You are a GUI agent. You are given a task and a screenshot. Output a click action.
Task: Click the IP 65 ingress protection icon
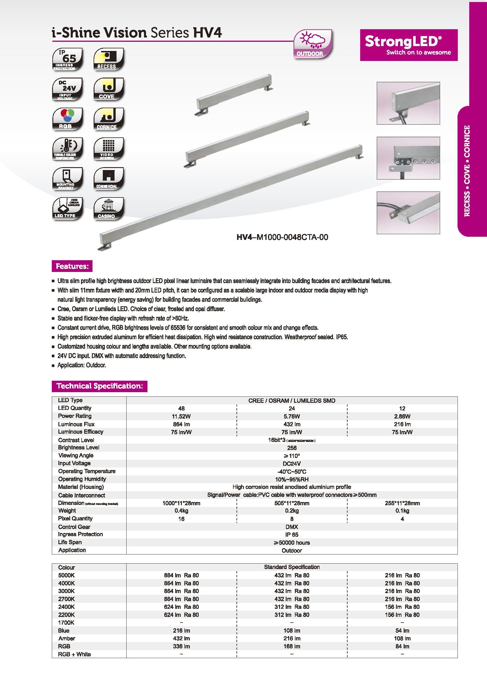[x=68, y=59]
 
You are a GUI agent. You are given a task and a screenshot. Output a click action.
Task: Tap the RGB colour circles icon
[x=68, y=119]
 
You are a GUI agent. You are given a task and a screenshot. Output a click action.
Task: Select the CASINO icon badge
[x=108, y=208]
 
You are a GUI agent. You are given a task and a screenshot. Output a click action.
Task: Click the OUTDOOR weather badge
[x=312, y=44]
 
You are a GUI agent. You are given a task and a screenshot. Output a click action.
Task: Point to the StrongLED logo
[x=409, y=45]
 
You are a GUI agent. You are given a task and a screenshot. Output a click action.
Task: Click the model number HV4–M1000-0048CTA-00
[x=282, y=237]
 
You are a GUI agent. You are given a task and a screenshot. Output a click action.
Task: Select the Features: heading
[x=72, y=266]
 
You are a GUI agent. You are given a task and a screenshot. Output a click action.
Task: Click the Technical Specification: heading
[x=100, y=386]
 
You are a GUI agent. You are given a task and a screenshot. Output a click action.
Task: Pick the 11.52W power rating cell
[x=181, y=416]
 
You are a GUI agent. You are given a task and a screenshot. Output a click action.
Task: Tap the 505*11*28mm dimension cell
[x=291, y=503]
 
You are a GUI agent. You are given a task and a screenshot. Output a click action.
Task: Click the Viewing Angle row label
[x=76, y=455]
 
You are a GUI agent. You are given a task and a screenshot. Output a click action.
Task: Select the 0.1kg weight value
[x=402, y=511]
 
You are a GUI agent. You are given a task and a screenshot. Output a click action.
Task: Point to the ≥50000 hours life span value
[x=291, y=542]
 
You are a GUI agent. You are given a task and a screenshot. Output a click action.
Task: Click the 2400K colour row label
[x=67, y=607]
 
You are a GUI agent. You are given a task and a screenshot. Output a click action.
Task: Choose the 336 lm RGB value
[x=181, y=646]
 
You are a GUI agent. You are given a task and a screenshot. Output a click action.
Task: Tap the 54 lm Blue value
[x=402, y=631]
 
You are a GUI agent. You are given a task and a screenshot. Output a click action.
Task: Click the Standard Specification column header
[x=291, y=567]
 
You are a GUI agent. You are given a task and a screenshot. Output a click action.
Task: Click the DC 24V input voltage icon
[x=68, y=89]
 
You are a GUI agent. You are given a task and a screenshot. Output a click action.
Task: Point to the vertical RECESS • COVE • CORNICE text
[x=467, y=171]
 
